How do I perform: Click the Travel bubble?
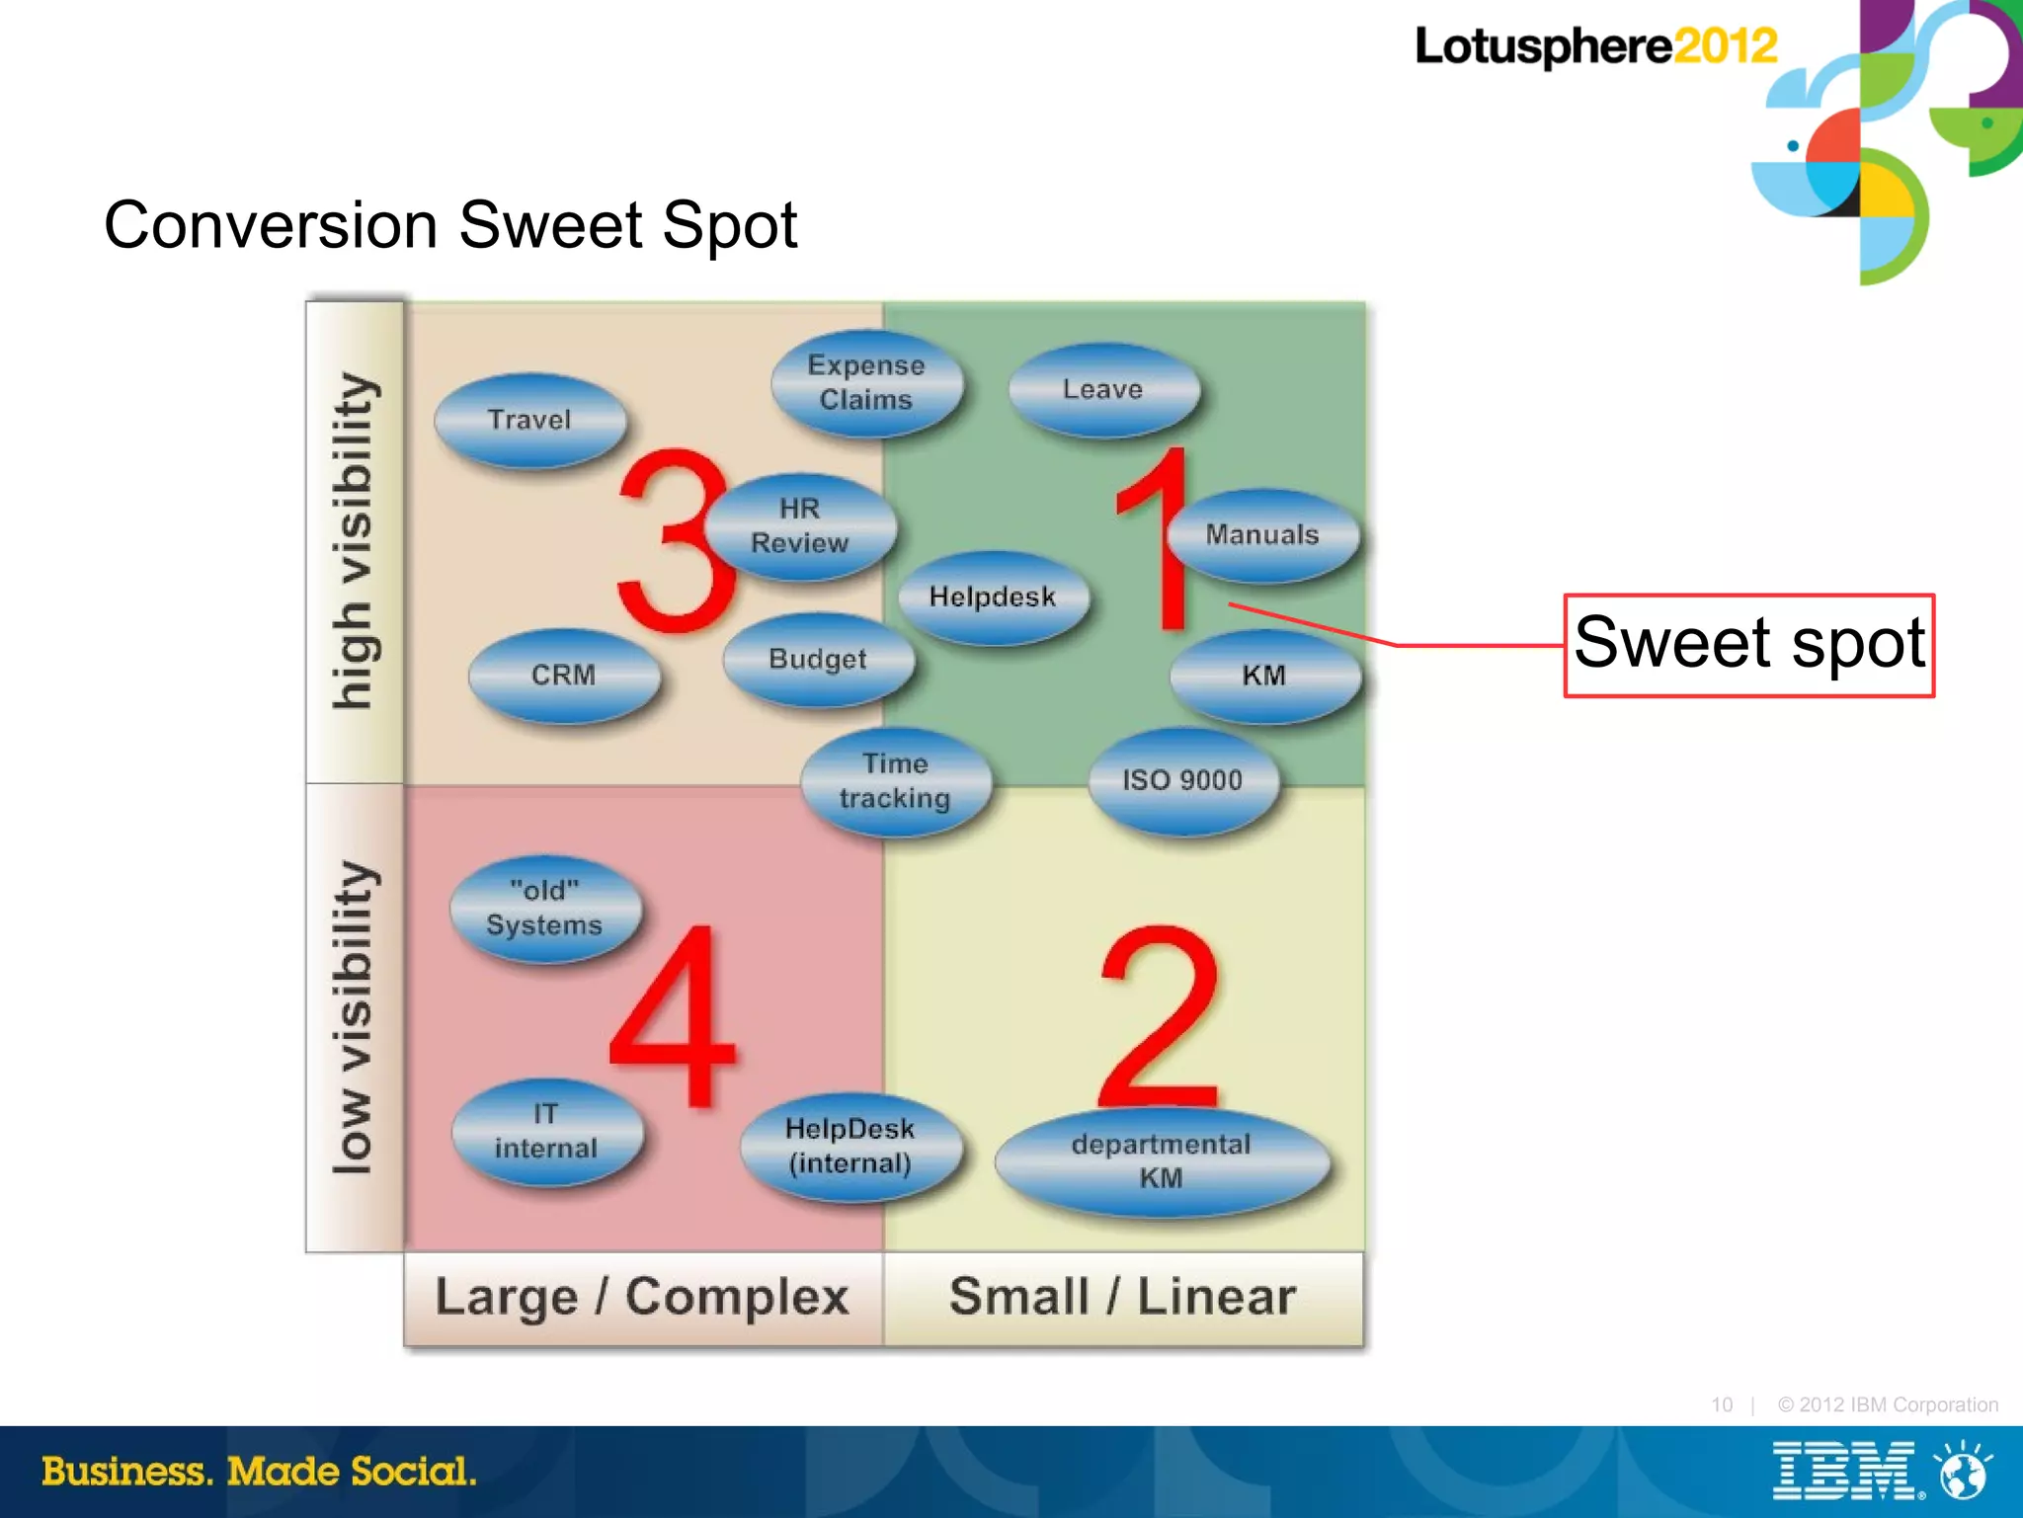(x=530, y=420)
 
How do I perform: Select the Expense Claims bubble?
(x=866, y=382)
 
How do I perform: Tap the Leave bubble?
(x=1103, y=389)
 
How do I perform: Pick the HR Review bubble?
(x=800, y=525)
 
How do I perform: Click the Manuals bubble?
(x=1262, y=534)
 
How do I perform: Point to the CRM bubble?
(x=564, y=676)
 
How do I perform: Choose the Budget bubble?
(x=818, y=659)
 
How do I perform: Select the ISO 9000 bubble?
(x=1182, y=780)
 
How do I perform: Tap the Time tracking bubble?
(x=895, y=781)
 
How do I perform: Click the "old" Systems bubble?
(x=544, y=908)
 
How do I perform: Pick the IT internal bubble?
(x=546, y=1131)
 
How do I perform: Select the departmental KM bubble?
(x=1162, y=1160)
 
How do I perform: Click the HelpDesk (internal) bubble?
(x=850, y=1146)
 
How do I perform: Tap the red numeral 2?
(x=1160, y=1017)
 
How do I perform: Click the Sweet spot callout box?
(x=1748, y=645)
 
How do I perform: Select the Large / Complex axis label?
(x=642, y=1297)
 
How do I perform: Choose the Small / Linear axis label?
(x=1123, y=1297)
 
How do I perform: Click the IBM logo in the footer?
(x=1846, y=1471)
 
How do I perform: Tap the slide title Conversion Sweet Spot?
(x=450, y=225)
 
